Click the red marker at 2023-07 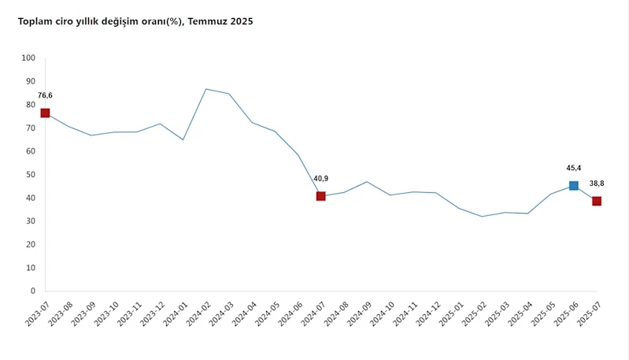click(45, 113)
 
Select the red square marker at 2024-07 click(321, 196)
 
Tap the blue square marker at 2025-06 click(574, 186)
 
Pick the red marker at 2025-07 click(597, 201)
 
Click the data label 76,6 click(45, 95)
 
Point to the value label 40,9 click(320, 179)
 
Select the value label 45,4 click(574, 168)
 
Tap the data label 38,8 click(597, 184)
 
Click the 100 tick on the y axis click(29, 58)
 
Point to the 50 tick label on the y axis click(30, 174)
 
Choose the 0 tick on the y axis click(32, 291)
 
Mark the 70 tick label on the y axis click(30, 128)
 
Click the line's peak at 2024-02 click(206, 89)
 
